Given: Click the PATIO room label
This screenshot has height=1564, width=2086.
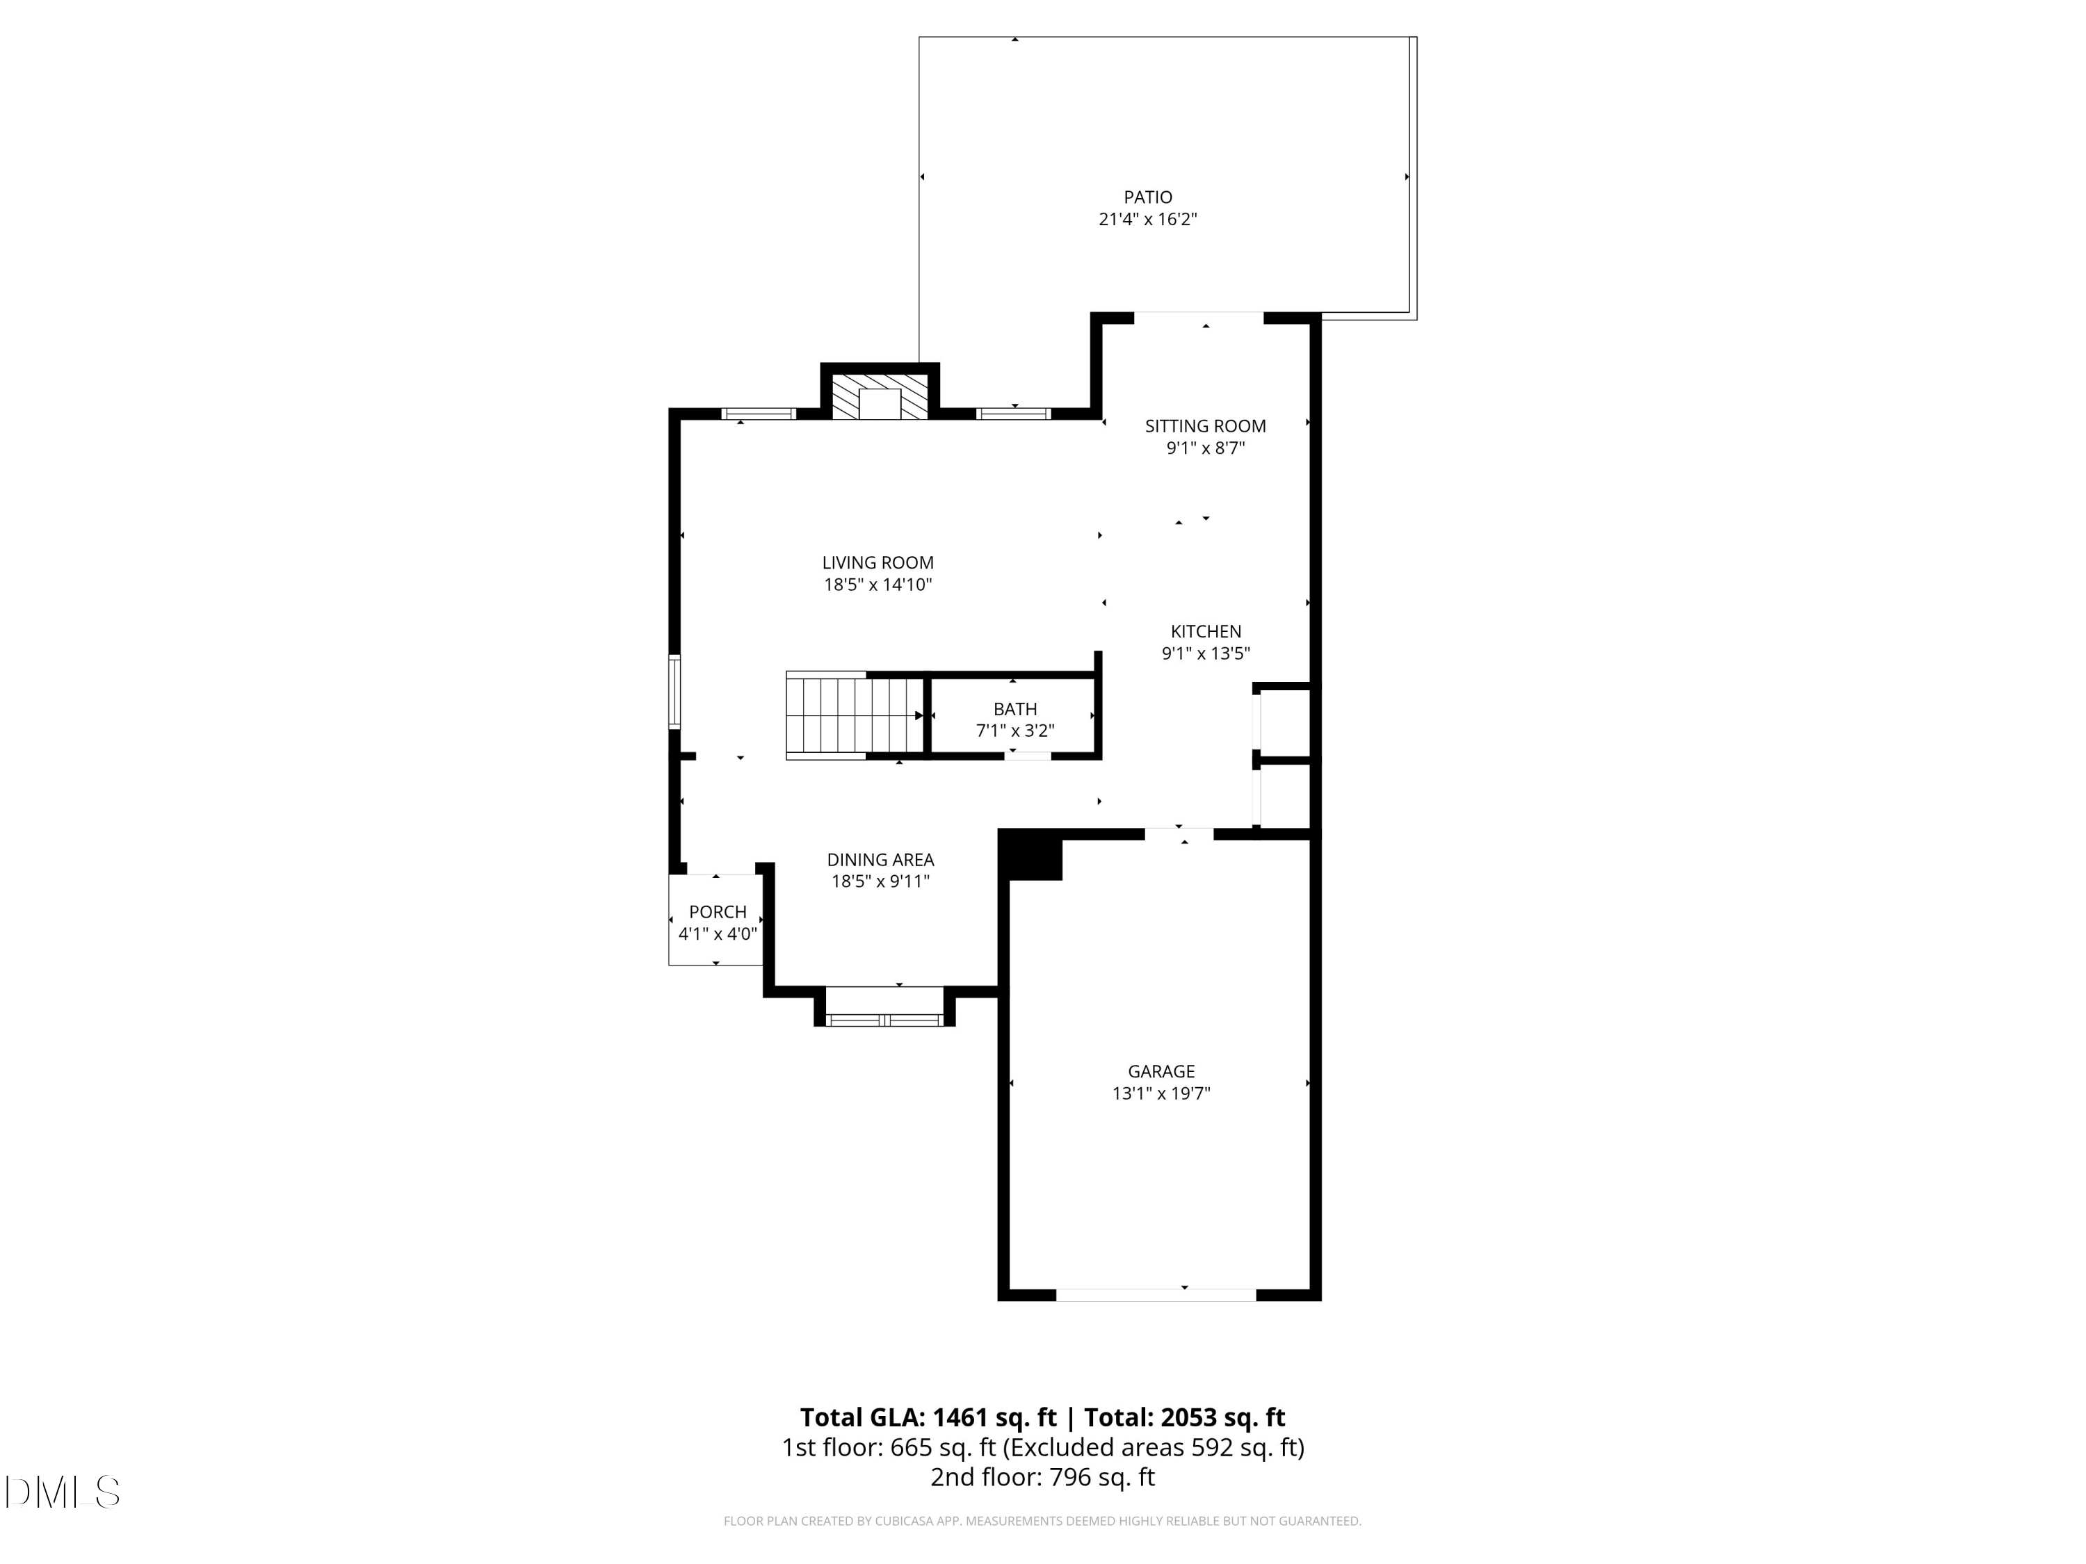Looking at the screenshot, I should [1148, 197].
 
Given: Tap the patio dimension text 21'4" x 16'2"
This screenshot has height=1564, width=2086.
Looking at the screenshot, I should [1148, 220].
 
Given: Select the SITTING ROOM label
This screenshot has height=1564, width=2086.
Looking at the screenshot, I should [1205, 426].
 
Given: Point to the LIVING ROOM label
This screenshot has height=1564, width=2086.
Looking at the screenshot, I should [877, 563].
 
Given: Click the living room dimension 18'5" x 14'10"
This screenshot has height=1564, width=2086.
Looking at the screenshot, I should [877, 585].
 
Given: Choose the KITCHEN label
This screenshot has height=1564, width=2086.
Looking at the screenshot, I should [1205, 632].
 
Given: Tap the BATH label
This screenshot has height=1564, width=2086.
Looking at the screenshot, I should [1014, 709].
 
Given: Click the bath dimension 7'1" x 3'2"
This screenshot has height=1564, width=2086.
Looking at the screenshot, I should [1014, 731].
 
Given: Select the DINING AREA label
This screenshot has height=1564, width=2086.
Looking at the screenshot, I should [880, 860].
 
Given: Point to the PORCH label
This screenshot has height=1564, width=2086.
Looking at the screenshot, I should [717, 911].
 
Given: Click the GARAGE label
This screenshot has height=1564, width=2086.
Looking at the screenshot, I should [1161, 1071].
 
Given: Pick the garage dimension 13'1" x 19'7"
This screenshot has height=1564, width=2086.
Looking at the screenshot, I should [1161, 1093].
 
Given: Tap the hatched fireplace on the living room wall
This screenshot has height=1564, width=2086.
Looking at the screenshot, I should [880, 397].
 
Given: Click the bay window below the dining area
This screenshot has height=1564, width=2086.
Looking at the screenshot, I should [884, 1019].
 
